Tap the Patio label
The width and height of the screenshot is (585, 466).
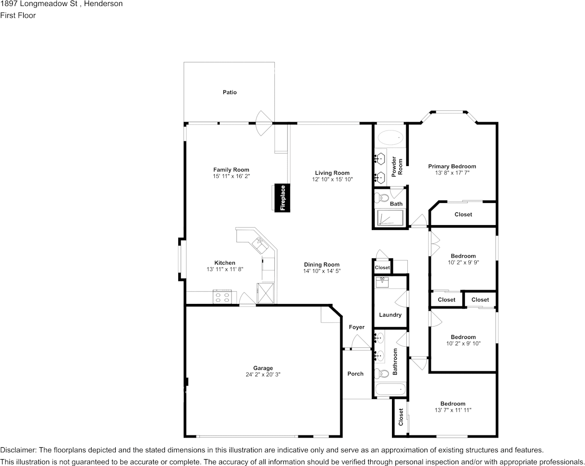pyautogui.click(x=229, y=92)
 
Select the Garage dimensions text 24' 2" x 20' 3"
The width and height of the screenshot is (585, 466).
pyautogui.click(x=263, y=375)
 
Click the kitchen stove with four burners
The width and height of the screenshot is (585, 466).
pyautogui.click(x=222, y=297)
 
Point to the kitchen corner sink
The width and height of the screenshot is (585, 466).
pyautogui.click(x=259, y=242)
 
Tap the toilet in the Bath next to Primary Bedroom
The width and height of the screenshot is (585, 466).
pyautogui.click(x=379, y=199)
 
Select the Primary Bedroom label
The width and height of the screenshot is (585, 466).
pyautogui.click(x=452, y=166)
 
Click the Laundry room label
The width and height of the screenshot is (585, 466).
pyautogui.click(x=390, y=315)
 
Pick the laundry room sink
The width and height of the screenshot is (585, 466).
pyautogui.click(x=382, y=282)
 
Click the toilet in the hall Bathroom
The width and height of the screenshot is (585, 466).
pyautogui.click(x=380, y=373)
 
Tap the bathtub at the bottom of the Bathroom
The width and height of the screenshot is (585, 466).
pyautogui.click(x=390, y=390)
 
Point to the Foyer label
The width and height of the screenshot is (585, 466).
pyautogui.click(x=357, y=327)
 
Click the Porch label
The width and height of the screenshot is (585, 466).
pyautogui.click(x=356, y=374)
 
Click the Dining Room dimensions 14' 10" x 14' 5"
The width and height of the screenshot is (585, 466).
pyautogui.click(x=322, y=271)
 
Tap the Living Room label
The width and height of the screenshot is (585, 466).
pyautogui.click(x=332, y=173)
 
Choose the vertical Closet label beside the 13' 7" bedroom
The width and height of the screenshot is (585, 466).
pyautogui.click(x=401, y=417)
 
